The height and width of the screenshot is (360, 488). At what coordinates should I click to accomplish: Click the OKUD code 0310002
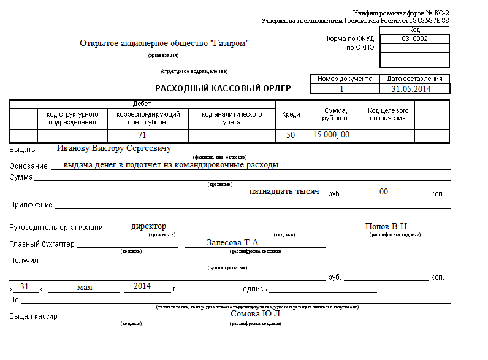(414, 39)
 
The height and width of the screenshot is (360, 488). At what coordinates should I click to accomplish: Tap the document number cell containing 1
(341, 89)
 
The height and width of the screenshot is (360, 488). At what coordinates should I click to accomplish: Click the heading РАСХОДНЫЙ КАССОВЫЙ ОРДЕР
(223, 88)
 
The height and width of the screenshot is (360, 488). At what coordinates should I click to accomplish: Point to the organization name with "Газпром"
(164, 44)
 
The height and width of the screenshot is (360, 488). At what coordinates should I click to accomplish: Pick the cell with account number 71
(142, 135)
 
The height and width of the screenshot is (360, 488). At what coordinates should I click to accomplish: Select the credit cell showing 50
(291, 135)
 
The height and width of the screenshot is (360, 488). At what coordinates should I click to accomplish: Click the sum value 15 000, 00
(331, 134)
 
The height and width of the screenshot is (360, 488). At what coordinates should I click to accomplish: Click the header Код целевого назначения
(387, 114)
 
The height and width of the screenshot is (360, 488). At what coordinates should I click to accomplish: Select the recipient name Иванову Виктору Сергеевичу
(113, 148)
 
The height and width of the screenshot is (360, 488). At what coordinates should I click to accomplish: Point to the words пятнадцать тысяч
(284, 191)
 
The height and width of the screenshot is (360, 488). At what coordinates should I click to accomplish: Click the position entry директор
(148, 226)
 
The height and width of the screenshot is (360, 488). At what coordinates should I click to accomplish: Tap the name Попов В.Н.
(387, 226)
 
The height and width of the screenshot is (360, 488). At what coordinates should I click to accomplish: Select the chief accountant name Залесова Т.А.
(234, 242)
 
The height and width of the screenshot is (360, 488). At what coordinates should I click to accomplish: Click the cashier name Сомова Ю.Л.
(256, 314)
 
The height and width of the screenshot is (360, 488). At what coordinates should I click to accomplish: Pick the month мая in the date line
(85, 287)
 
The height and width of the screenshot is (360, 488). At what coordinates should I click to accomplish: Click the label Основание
(28, 166)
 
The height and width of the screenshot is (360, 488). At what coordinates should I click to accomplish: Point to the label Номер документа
(345, 79)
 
